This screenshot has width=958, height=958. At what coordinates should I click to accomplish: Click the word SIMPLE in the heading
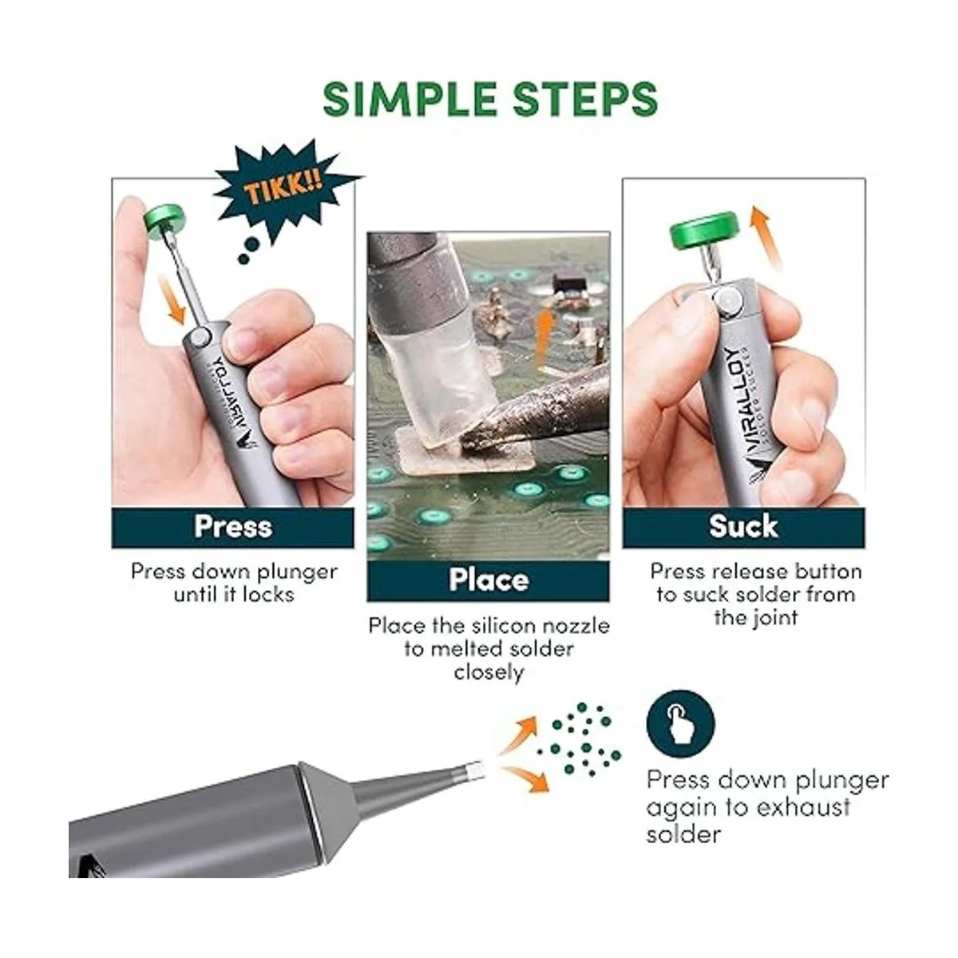click(x=410, y=99)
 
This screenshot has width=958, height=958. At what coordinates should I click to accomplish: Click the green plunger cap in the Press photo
click(x=164, y=220)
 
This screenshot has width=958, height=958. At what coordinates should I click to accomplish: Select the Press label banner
click(x=232, y=527)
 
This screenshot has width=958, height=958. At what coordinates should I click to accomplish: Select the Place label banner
click(x=489, y=580)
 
